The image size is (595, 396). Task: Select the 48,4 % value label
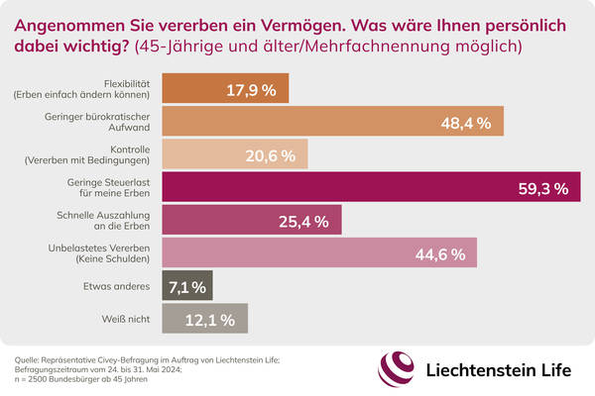(472, 122)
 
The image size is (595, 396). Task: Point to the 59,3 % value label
(539, 187)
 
